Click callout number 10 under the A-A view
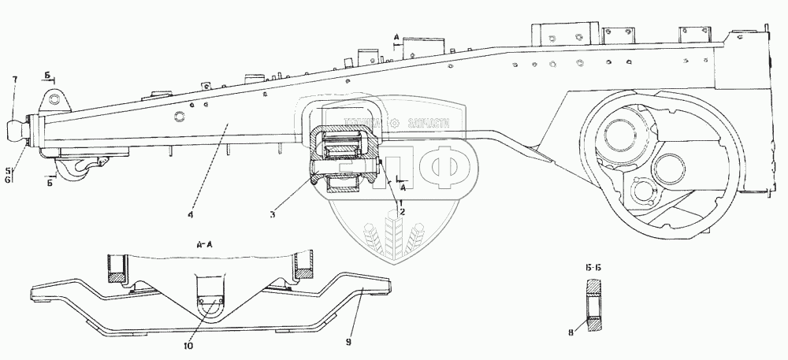pos(188,344)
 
